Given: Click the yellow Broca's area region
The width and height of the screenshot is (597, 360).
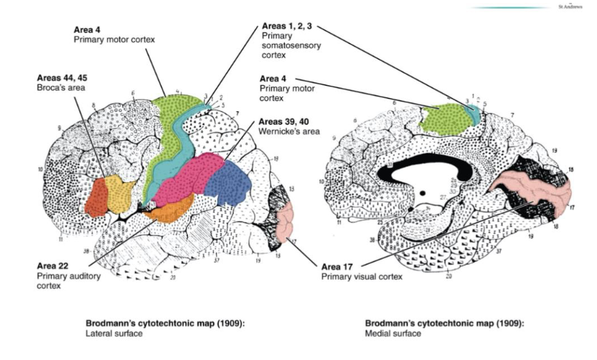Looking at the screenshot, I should coord(125,196).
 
